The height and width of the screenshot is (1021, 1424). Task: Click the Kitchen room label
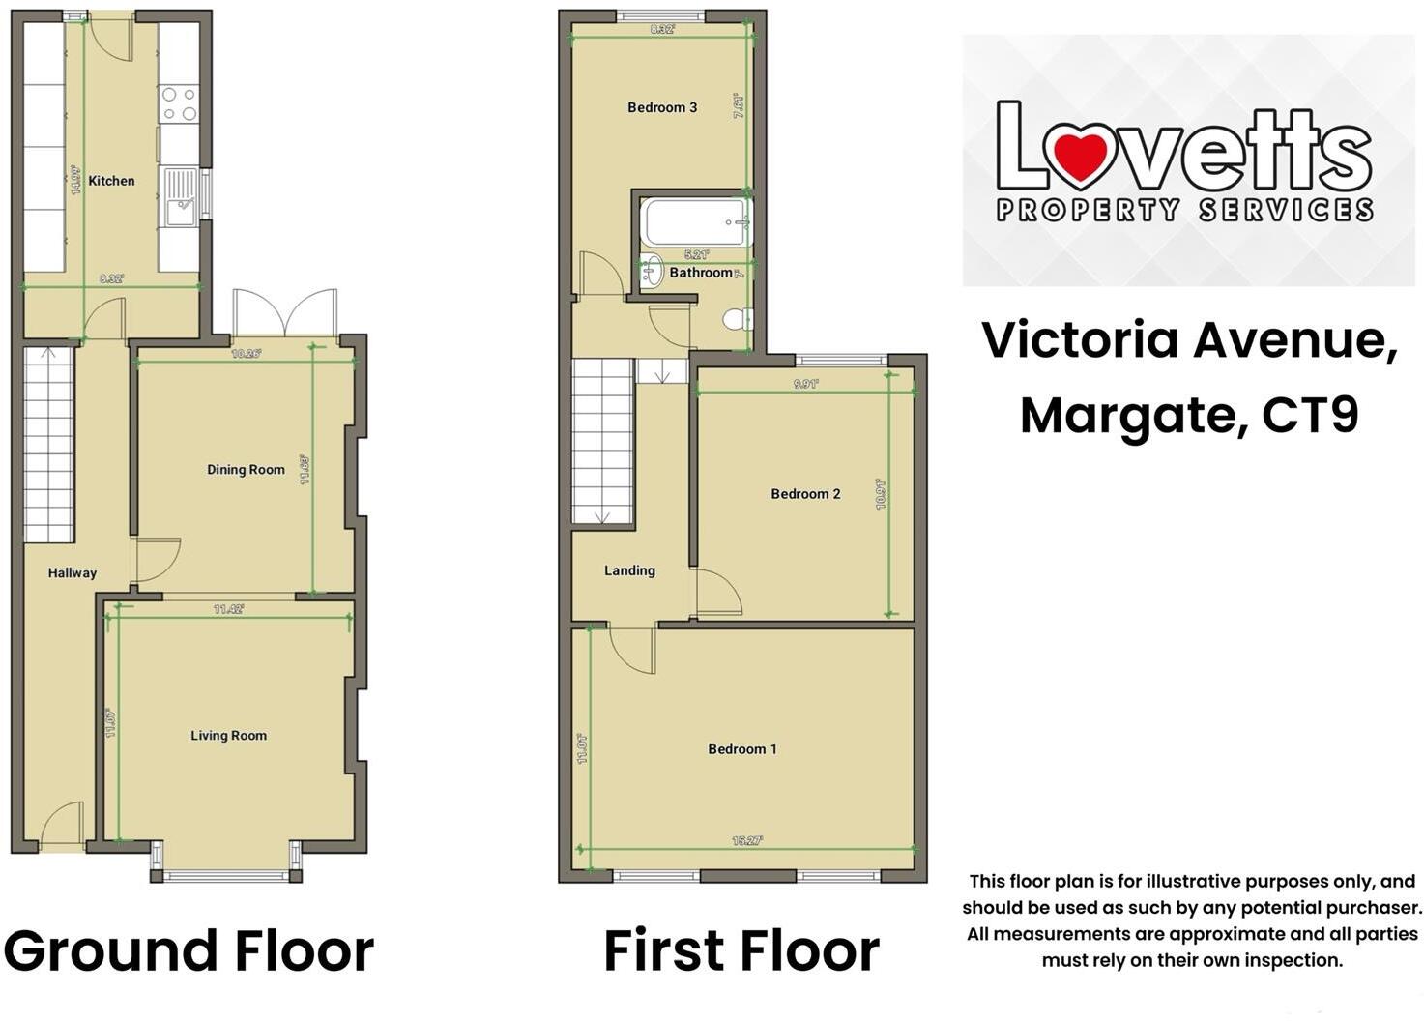(111, 181)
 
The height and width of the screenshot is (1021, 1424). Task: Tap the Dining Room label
(246, 470)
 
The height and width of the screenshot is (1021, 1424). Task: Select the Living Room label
(228, 736)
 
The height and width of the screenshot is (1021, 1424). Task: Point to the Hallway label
(73, 573)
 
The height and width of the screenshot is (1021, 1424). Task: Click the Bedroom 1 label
(741, 749)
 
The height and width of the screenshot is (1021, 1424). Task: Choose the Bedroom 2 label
(805, 494)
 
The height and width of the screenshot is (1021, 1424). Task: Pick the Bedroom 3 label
(662, 107)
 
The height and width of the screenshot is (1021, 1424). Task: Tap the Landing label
(629, 570)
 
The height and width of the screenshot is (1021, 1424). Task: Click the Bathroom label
(701, 273)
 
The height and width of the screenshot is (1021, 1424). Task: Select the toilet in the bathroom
(736, 318)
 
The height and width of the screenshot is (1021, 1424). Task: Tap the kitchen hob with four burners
(179, 104)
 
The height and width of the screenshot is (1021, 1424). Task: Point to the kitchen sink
(181, 197)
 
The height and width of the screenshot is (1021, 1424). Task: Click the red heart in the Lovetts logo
(1079, 158)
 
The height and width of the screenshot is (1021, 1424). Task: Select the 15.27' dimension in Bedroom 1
(746, 841)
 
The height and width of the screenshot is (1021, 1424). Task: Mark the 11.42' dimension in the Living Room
(229, 610)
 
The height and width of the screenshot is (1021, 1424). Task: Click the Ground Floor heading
(189, 950)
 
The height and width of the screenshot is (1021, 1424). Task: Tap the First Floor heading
(741, 950)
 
